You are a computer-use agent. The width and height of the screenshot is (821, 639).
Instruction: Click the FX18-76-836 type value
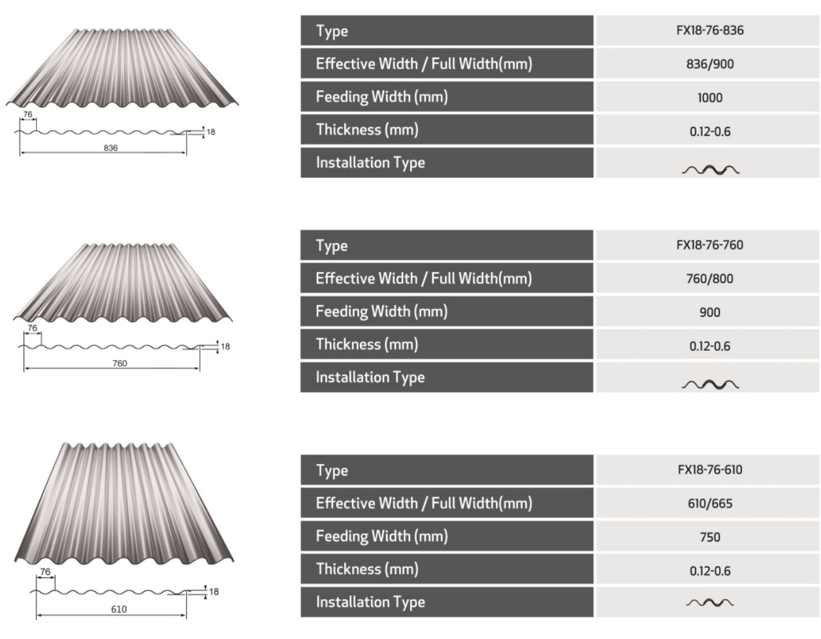click(x=709, y=30)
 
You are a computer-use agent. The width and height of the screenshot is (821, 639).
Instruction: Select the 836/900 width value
click(x=709, y=64)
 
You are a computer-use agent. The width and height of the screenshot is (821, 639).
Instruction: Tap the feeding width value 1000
click(x=709, y=97)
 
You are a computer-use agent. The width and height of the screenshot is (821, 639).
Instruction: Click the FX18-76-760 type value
click(x=709, y=245)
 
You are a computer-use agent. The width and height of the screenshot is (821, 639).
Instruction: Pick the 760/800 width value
click(x=709, y=278)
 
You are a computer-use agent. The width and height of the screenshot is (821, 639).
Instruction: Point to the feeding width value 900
click(x=709, y=312)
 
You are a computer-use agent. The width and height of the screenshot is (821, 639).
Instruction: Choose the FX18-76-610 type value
click(x=709, y=469)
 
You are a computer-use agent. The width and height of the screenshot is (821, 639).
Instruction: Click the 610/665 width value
click(x=709, y=503)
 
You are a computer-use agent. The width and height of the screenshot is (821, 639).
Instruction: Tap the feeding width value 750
click(x=709, y=537)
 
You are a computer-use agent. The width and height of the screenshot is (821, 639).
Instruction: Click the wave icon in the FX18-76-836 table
click(x=711, y=171)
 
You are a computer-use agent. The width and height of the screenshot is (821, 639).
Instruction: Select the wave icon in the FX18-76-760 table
click(x=711, y=384)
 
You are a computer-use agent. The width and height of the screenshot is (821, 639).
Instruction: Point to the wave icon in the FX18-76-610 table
click(x=710, y=602)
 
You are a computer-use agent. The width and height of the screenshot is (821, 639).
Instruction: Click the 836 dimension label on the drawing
click(x=110, y=148)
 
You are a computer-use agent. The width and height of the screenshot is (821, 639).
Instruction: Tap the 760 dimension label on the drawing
click(x=120, y=363)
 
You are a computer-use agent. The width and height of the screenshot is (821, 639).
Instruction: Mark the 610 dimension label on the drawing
click(x=119, y=609)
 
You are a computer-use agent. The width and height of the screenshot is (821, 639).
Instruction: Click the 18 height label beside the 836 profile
click(x=211, y=132)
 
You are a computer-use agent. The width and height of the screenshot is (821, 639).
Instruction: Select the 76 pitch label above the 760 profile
click(x=33, y=327)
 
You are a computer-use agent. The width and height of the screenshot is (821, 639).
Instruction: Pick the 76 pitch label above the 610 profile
click(x=45, y=571)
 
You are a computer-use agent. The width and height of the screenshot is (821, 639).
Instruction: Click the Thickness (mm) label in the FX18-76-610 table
click(x=367, y=569)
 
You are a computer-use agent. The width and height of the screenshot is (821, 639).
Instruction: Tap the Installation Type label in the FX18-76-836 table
click(x=370, y=163)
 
